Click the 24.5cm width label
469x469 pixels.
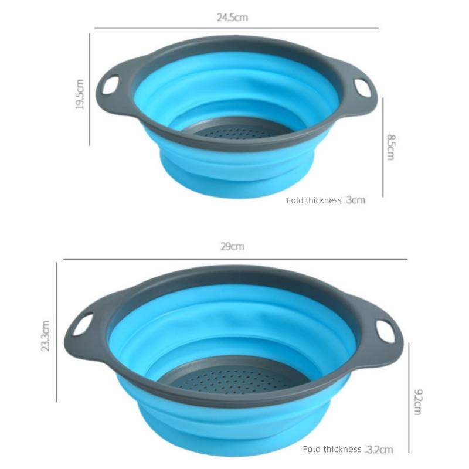232,18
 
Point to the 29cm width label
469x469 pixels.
232,247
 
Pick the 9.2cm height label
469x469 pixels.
417,402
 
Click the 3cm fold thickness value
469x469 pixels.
355,200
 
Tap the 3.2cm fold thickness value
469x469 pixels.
379,450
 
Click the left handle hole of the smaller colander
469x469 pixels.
110,86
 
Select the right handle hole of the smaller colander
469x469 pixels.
363,87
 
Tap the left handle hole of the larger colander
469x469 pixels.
83,324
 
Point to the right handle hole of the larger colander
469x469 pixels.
385,330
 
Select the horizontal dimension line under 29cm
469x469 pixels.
235,259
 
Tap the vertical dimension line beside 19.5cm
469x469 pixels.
90,88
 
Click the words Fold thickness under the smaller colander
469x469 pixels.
314,200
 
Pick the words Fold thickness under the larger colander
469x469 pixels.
332,450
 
